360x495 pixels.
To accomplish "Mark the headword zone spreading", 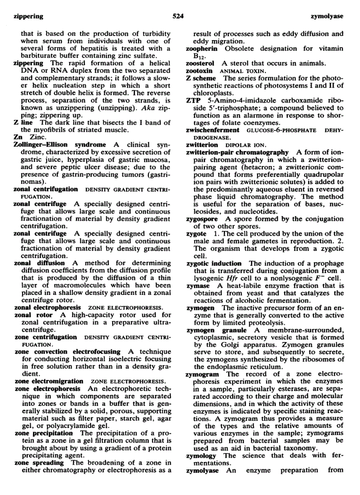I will tap(39, 463).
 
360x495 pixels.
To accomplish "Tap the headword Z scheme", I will tap(202, 78).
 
